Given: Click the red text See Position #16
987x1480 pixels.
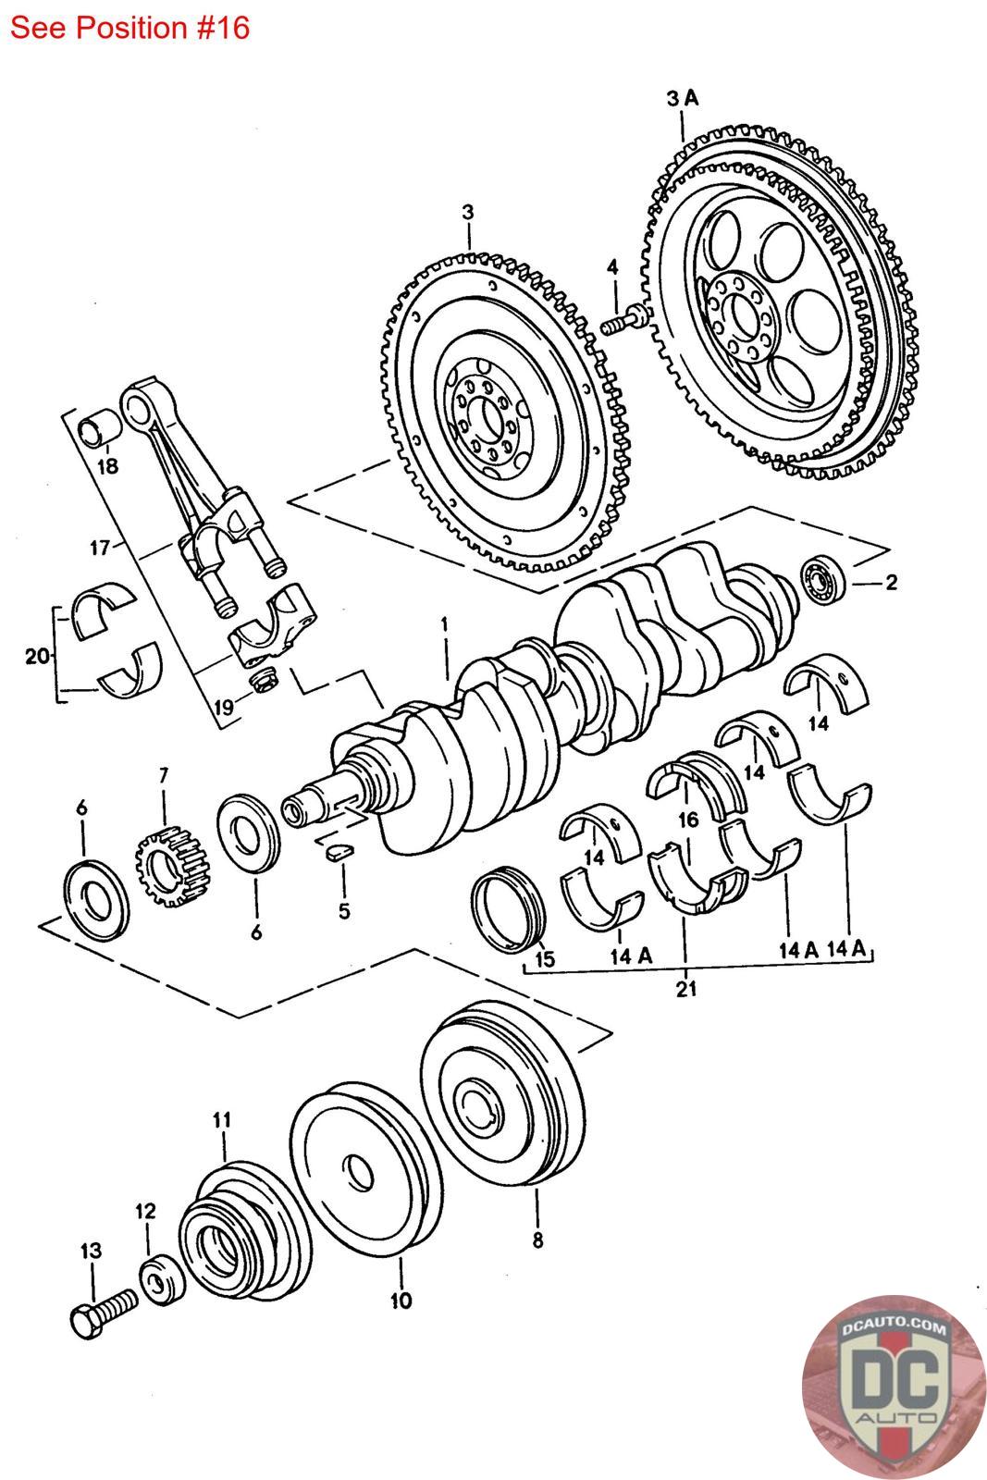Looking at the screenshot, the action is tap(130, 28).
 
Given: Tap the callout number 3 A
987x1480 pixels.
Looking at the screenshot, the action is tap(683, 98).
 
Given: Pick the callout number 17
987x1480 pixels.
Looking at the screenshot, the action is tap(100, 548).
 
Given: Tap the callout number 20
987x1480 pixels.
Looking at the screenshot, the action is tap(37, 656).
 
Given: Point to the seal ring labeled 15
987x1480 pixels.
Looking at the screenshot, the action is tap(510, 909).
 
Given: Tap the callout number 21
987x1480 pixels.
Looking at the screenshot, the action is tap(685, 989).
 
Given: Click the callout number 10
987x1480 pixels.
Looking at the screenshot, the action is tap(401, 1301).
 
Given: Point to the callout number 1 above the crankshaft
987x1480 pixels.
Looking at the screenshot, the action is tap(445, 623).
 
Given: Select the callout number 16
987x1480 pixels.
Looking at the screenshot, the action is tap(688, 820).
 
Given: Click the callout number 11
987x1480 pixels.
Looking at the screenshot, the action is tap(222, 1119).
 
